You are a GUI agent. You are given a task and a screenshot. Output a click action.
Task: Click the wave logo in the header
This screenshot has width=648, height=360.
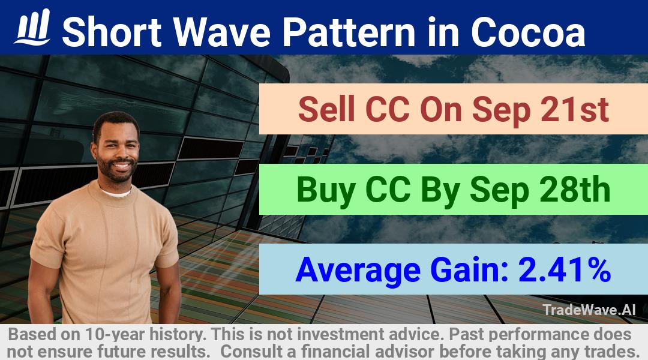(x=32, y=27)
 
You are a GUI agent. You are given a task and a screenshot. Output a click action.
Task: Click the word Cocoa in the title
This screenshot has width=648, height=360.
(x=528, y=32)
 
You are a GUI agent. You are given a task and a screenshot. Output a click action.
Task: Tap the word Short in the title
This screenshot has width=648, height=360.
(x=112, y=31)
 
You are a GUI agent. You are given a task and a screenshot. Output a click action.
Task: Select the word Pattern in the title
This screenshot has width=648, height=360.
(x=349, y=31)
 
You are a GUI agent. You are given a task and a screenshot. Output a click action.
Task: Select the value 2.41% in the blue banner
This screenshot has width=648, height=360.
(x=565, y=269)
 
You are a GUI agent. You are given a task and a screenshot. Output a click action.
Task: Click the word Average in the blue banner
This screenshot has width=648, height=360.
(x=358, y=271)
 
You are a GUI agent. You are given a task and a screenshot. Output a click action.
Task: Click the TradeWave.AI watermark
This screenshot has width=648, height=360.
(x=589, y=310)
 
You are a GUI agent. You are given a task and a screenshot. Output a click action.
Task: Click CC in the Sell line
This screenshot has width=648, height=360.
(x=388, y=110)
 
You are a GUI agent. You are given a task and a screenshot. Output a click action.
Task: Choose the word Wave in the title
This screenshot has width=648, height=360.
(x=222, y=31)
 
